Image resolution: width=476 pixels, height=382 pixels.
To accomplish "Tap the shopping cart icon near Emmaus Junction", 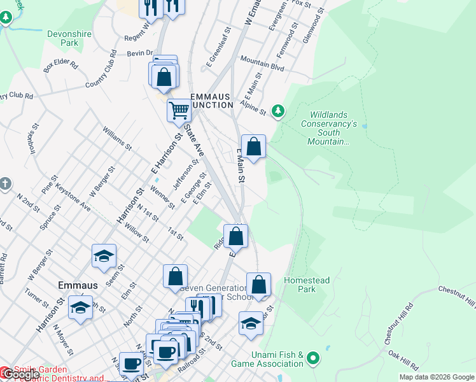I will [x=179, y=110].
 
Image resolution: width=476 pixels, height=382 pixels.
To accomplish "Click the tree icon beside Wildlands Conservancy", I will [x=277, y=111].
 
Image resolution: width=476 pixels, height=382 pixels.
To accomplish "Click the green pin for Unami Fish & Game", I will [x=312, y=358].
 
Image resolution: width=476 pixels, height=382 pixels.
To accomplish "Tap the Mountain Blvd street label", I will [x=262, y=62].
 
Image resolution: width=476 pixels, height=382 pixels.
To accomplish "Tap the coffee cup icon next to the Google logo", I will [x=132, y=364].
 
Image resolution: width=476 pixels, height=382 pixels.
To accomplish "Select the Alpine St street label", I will [x=253, y=108].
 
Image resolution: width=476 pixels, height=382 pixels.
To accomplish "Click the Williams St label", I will [x=116, y=138].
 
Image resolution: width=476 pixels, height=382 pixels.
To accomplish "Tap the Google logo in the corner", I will [x=21, y=375].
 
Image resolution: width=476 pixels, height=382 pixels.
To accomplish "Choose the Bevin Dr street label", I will [x=140, y=54].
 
